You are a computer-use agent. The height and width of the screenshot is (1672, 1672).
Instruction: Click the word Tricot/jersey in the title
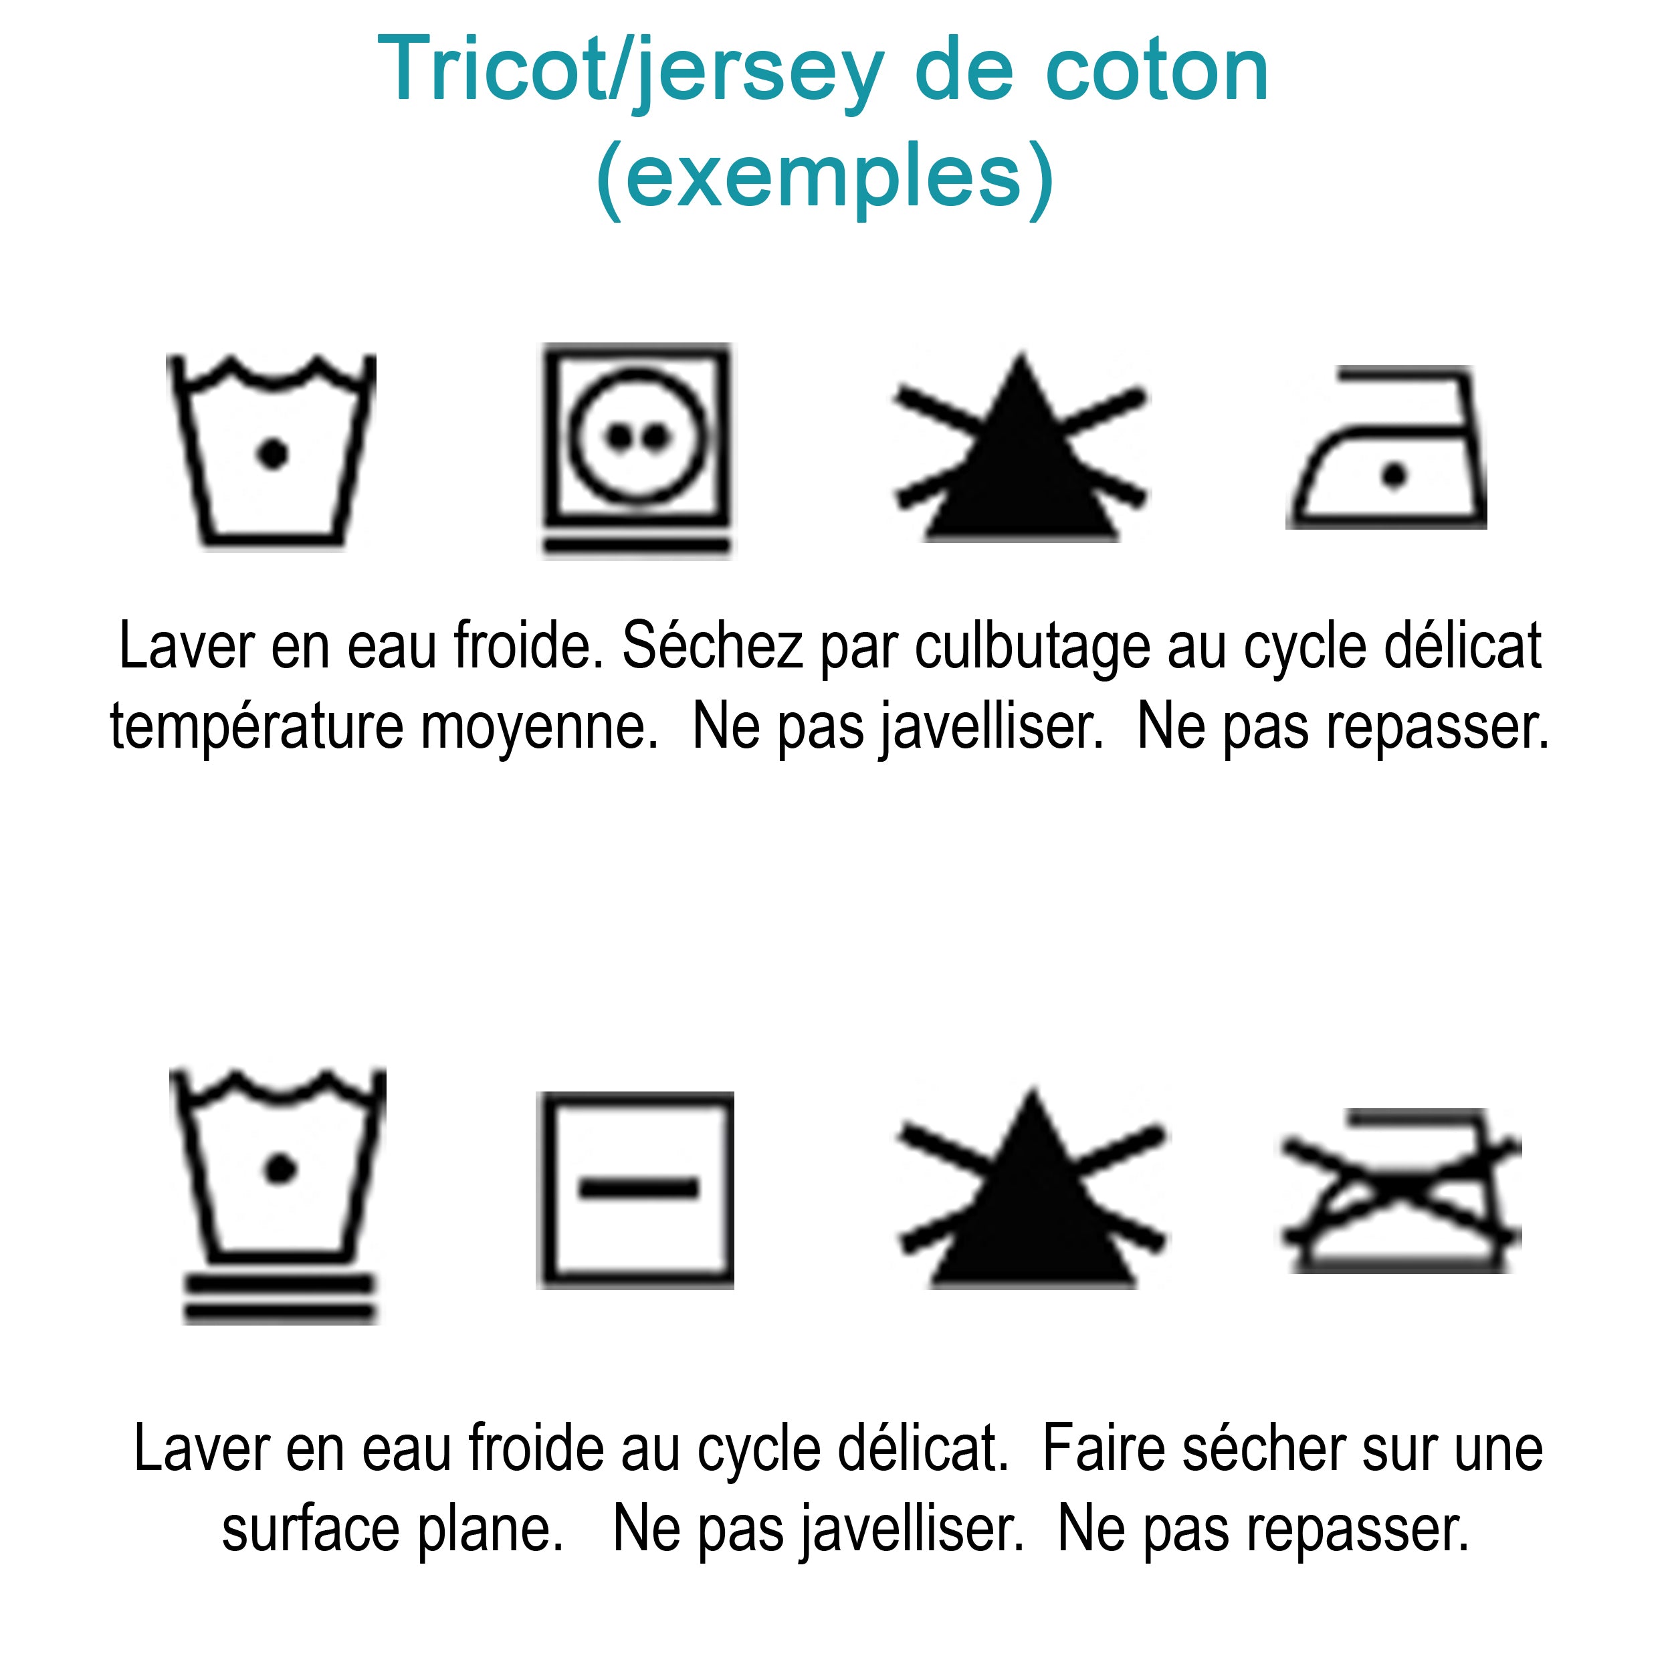click(x=631, y=72)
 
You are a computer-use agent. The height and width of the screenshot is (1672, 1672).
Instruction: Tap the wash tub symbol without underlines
click(x=272, y=451)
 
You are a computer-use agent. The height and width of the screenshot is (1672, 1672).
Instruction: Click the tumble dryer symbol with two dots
click(x=637, y=451)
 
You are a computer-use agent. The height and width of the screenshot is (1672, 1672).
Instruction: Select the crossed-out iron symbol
click(x=1401, y=1191)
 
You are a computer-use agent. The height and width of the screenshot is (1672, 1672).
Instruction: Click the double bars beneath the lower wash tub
click(x=280, y=1298)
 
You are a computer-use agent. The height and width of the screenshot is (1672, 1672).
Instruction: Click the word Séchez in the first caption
click(x=712, y=645)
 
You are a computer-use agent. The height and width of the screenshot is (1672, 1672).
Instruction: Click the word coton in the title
click(x=1157, y=72)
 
